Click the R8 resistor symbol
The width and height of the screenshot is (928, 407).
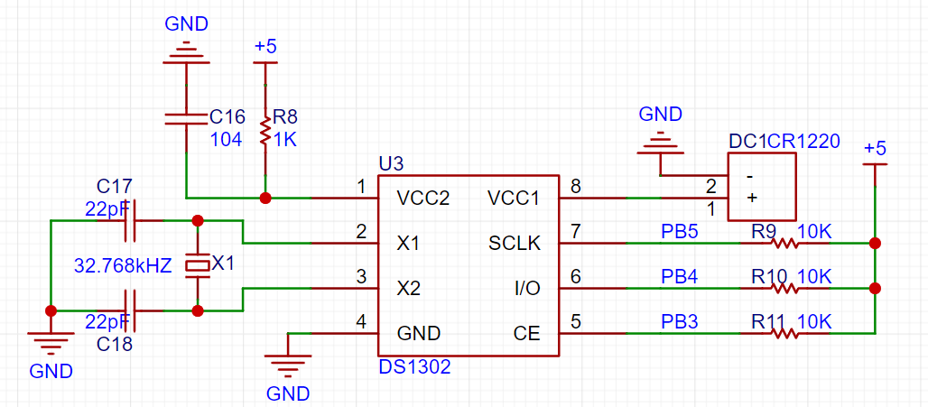click(x=264, y=133)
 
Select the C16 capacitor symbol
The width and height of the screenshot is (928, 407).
click(x=186, y=118)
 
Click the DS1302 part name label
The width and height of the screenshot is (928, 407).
click(x=414, y=367)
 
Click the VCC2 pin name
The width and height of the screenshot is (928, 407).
click(x=424, y=198)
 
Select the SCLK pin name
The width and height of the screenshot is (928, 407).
click(x=514, y=243)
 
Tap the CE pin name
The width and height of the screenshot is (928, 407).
click(x=527, y=333)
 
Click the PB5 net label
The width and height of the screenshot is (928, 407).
click(x=679, y=231)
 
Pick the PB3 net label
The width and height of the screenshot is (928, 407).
click(x=679, y=321)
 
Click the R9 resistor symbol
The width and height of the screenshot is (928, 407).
click(x=784, y=243)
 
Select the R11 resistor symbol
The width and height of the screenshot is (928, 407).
click(x=784, y=333)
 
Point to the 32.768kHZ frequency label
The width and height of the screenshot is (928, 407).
click(x=124, y=266)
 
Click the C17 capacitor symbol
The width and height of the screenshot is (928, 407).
click(x=130, y=220)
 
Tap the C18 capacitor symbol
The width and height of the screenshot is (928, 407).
click(x=130, y=310)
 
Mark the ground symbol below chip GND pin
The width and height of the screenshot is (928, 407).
click(x=288, y=365)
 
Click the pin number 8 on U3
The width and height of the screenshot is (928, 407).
click(x=575, y=186)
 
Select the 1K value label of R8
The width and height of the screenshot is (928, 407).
click(x=285, y=139)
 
